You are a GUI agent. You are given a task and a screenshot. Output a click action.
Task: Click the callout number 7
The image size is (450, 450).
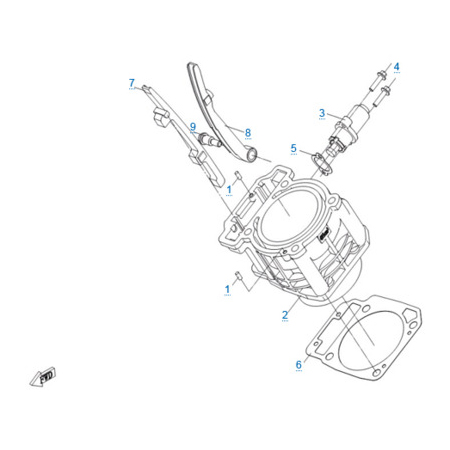pos(132,83)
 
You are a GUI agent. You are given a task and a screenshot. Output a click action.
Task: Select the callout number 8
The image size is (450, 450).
pos(248,132)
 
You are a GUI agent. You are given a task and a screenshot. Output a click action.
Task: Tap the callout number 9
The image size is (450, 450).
pos(193,127)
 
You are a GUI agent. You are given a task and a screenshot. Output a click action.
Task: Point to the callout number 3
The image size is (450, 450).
pos(322,113)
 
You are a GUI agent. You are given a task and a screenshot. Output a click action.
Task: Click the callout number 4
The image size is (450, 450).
pos(396,66)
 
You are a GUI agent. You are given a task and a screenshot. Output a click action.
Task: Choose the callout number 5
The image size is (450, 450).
pos(294,148)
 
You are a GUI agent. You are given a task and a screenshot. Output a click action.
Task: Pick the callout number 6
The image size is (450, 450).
pos(299,364)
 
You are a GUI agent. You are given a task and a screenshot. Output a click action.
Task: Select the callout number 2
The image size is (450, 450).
pos(285,315)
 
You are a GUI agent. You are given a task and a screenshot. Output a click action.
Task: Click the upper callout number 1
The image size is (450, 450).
pos(229,190)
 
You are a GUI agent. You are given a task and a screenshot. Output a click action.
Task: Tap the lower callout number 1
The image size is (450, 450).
pos(227,289)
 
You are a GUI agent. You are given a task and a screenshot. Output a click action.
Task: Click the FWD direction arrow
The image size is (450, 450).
pos(43,377)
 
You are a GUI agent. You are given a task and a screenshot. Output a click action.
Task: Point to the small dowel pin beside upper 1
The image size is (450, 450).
pos(239,175)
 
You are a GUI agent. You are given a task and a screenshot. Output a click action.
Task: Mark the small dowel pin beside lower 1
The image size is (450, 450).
pos(239,276)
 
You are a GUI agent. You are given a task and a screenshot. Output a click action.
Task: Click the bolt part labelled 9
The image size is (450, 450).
pos(210,140)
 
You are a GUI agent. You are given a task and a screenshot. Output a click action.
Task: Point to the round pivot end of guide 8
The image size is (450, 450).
pos(252,155)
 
